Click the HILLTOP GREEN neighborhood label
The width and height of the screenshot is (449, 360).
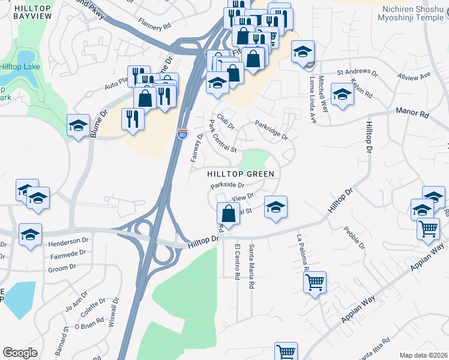pos(240,174)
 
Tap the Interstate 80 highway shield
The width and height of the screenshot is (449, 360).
pos(182,134)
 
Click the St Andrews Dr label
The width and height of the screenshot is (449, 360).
pos(357,72)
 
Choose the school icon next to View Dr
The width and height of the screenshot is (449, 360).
pos(275,206)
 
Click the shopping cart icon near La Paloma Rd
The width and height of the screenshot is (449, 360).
pos(315,282)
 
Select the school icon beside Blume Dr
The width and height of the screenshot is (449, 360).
pos(78,125)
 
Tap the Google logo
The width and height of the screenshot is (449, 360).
pos(20,352)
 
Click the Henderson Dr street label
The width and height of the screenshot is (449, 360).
pos(68,241)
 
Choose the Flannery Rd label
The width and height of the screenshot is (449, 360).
pos(154,26)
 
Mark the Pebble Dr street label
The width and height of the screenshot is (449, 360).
pos(354,238)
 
